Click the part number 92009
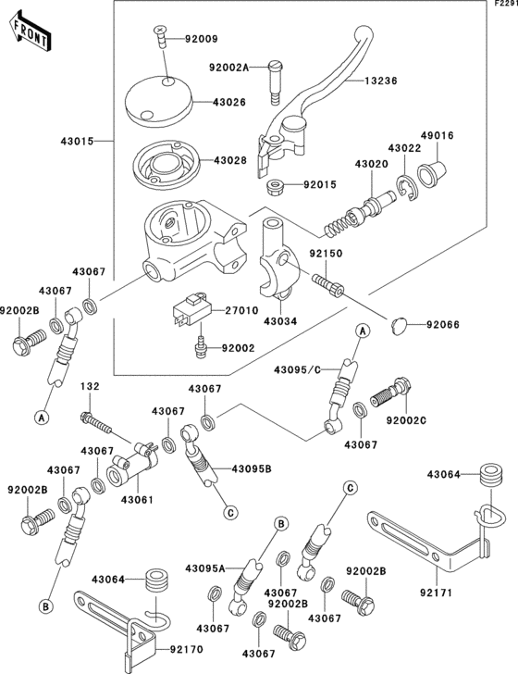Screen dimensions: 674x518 202,40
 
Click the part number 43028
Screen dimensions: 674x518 231,160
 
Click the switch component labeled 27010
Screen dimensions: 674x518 191,311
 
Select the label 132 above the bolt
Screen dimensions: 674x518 90,386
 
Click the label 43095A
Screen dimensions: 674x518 205,568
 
